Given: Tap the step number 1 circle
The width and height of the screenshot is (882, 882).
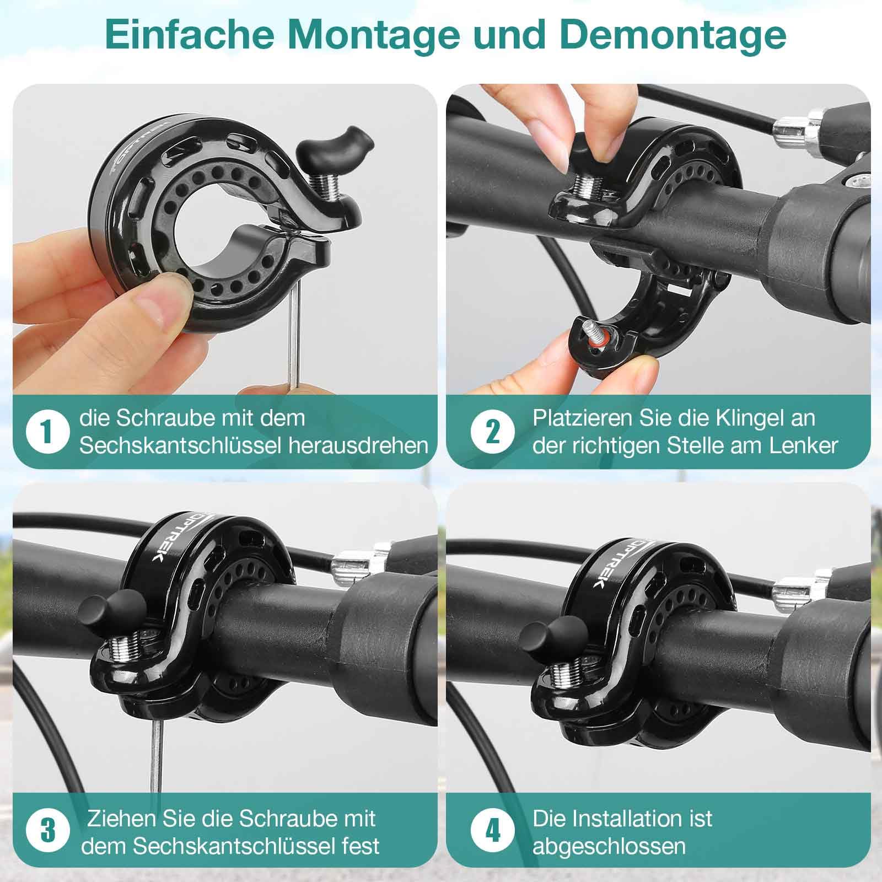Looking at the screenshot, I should tap(48, 432).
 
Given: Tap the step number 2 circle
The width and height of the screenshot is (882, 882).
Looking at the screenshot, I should tap(492, 432).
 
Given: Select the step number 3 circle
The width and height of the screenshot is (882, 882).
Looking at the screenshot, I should tap(48, 831).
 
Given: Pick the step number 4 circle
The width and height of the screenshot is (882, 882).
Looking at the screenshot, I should tap(492, 831).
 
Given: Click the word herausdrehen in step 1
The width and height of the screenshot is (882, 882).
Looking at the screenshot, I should tap(359, 445).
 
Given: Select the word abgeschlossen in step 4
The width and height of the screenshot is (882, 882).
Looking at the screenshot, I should tap(609, 846).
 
